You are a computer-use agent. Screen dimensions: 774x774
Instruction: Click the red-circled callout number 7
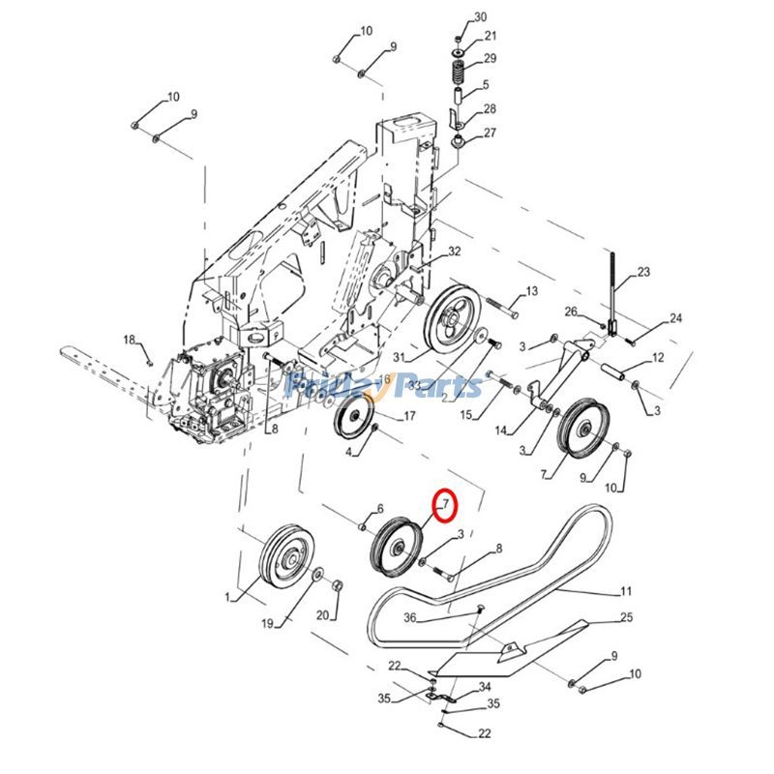coord(445,504)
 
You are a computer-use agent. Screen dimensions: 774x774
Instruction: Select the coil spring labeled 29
coord(460,71)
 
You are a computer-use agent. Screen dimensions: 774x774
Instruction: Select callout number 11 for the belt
coord(626,590)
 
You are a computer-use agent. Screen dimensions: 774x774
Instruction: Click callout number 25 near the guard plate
coord(626,616)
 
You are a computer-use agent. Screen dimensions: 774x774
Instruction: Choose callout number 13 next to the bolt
coord(531,291)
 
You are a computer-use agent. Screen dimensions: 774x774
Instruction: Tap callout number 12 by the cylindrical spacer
coord(658,358)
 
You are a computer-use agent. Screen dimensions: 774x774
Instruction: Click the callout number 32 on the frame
coord(454,253)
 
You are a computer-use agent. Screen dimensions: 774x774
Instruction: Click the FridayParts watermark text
coord(387,387)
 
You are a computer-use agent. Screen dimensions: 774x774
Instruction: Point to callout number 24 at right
coord(675,318)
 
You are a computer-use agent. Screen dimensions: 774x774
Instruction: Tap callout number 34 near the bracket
coord(484,689)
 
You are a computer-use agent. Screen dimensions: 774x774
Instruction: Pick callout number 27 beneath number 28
coord(490,133)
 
